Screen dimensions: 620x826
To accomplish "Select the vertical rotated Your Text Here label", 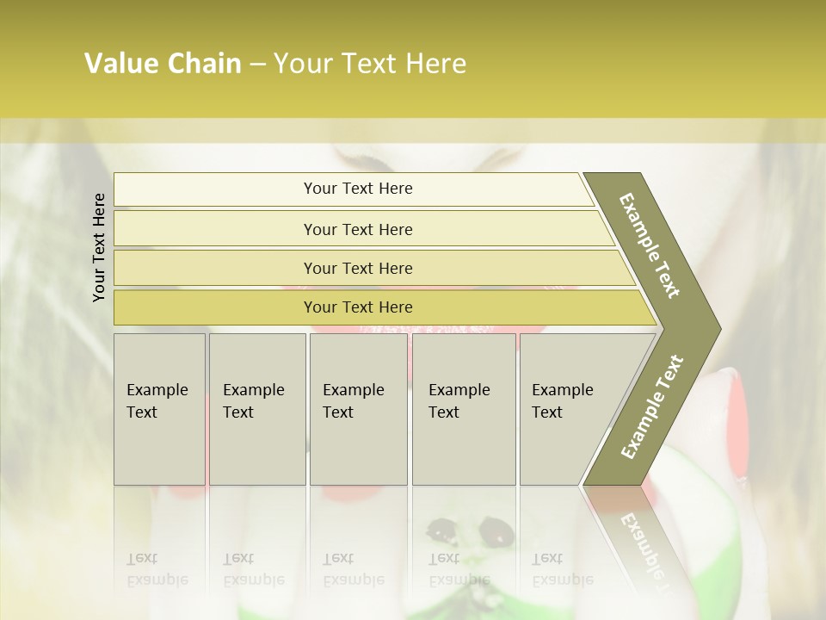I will [x=99, y=247].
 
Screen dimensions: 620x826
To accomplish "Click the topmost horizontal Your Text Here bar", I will [x=357, y=189].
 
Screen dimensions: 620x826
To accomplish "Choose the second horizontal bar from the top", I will [x=357, y=229].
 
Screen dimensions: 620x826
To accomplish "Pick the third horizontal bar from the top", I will [x=357, y=268].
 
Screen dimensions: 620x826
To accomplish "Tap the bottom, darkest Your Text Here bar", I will [x=357, y=307].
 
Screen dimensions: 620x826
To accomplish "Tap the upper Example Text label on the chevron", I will [x=650, y=245].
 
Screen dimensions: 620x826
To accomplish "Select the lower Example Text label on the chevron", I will [x=651, y=407].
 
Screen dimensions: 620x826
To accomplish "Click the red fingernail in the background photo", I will [x=732, y=422].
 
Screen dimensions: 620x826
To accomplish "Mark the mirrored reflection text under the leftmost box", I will [x=157, y=569].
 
